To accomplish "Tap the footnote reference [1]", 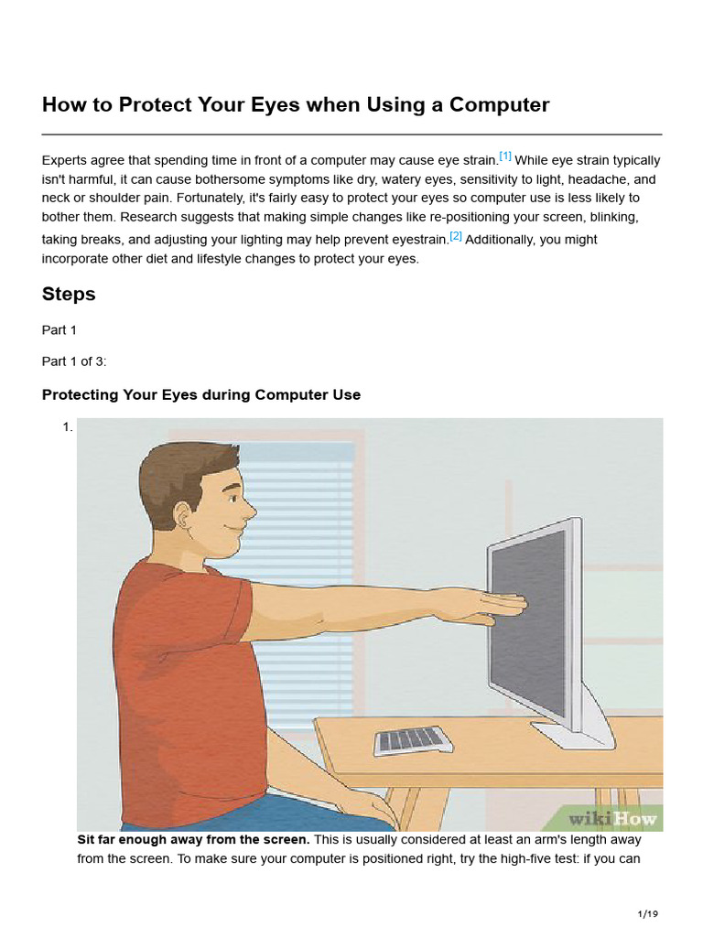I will tap(505, 156).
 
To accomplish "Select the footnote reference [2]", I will tap(456, 235).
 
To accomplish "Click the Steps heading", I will tap(69, 295).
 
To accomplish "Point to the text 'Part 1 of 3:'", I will tap(74, 361).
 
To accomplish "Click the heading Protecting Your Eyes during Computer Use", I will tap(201, 395).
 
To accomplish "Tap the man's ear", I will tap(183, 514).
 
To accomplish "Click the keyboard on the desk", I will tap(413, 739).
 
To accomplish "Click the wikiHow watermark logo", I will tap(612, 818).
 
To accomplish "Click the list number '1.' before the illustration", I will tap(67, 426).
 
